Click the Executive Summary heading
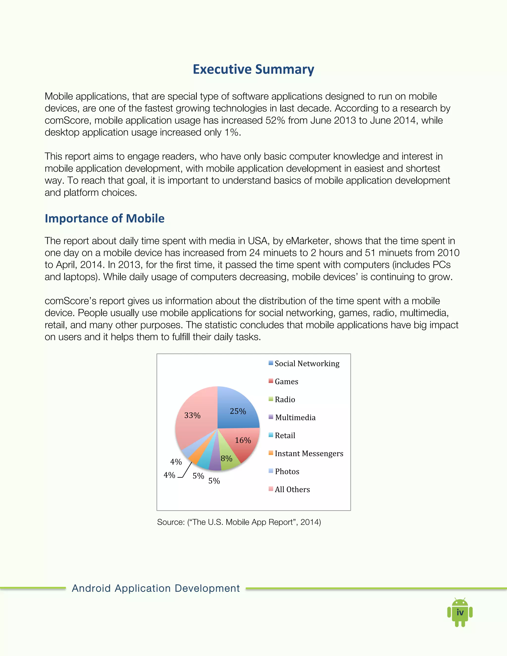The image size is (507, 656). point(253,69)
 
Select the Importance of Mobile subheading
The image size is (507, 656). point(104,218)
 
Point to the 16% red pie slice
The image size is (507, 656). point(245,442)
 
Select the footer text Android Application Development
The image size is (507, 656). point(155,588)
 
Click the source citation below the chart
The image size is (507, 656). point(239,522)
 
